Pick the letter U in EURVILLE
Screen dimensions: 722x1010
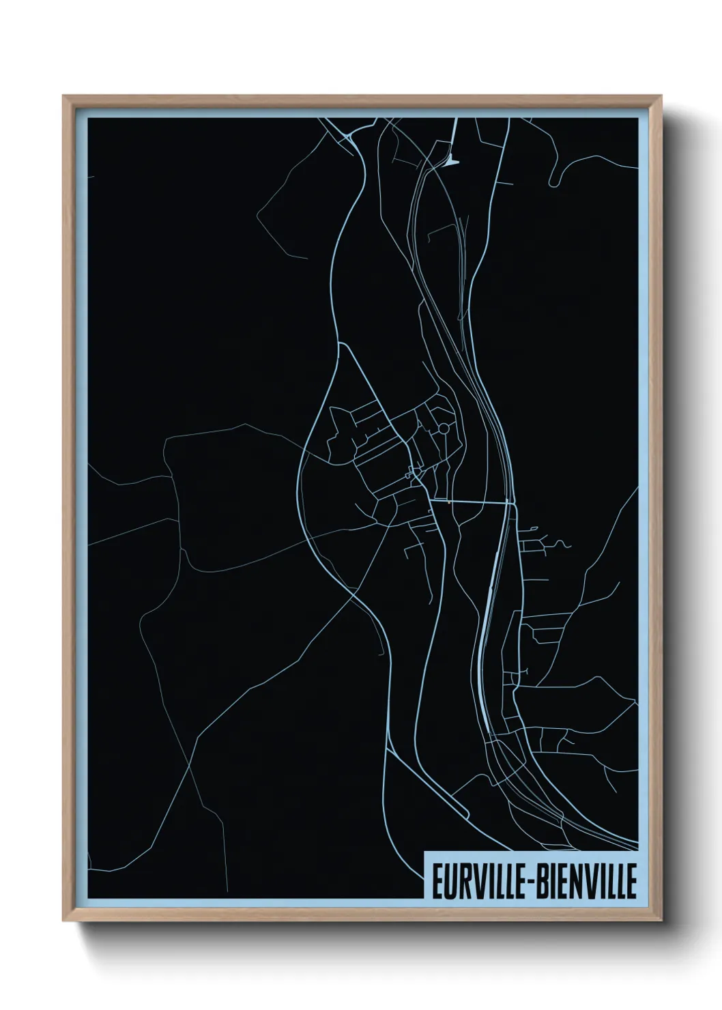click(448, 881)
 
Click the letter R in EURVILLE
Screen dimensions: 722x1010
click(461, 881)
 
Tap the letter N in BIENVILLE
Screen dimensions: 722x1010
click(577, 881)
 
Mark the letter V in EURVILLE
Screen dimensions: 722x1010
click(475, 881)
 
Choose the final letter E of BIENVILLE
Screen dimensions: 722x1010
click(631, 881)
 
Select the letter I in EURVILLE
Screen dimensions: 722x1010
click(485, 881)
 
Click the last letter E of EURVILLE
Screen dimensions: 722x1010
click(518, 881)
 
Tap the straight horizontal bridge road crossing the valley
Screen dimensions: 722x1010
click(471, 503)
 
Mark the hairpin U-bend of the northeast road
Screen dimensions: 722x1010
click(553, 182)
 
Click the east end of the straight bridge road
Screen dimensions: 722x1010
click(511, 504)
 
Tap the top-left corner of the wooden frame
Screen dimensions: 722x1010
click(63, 96)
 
